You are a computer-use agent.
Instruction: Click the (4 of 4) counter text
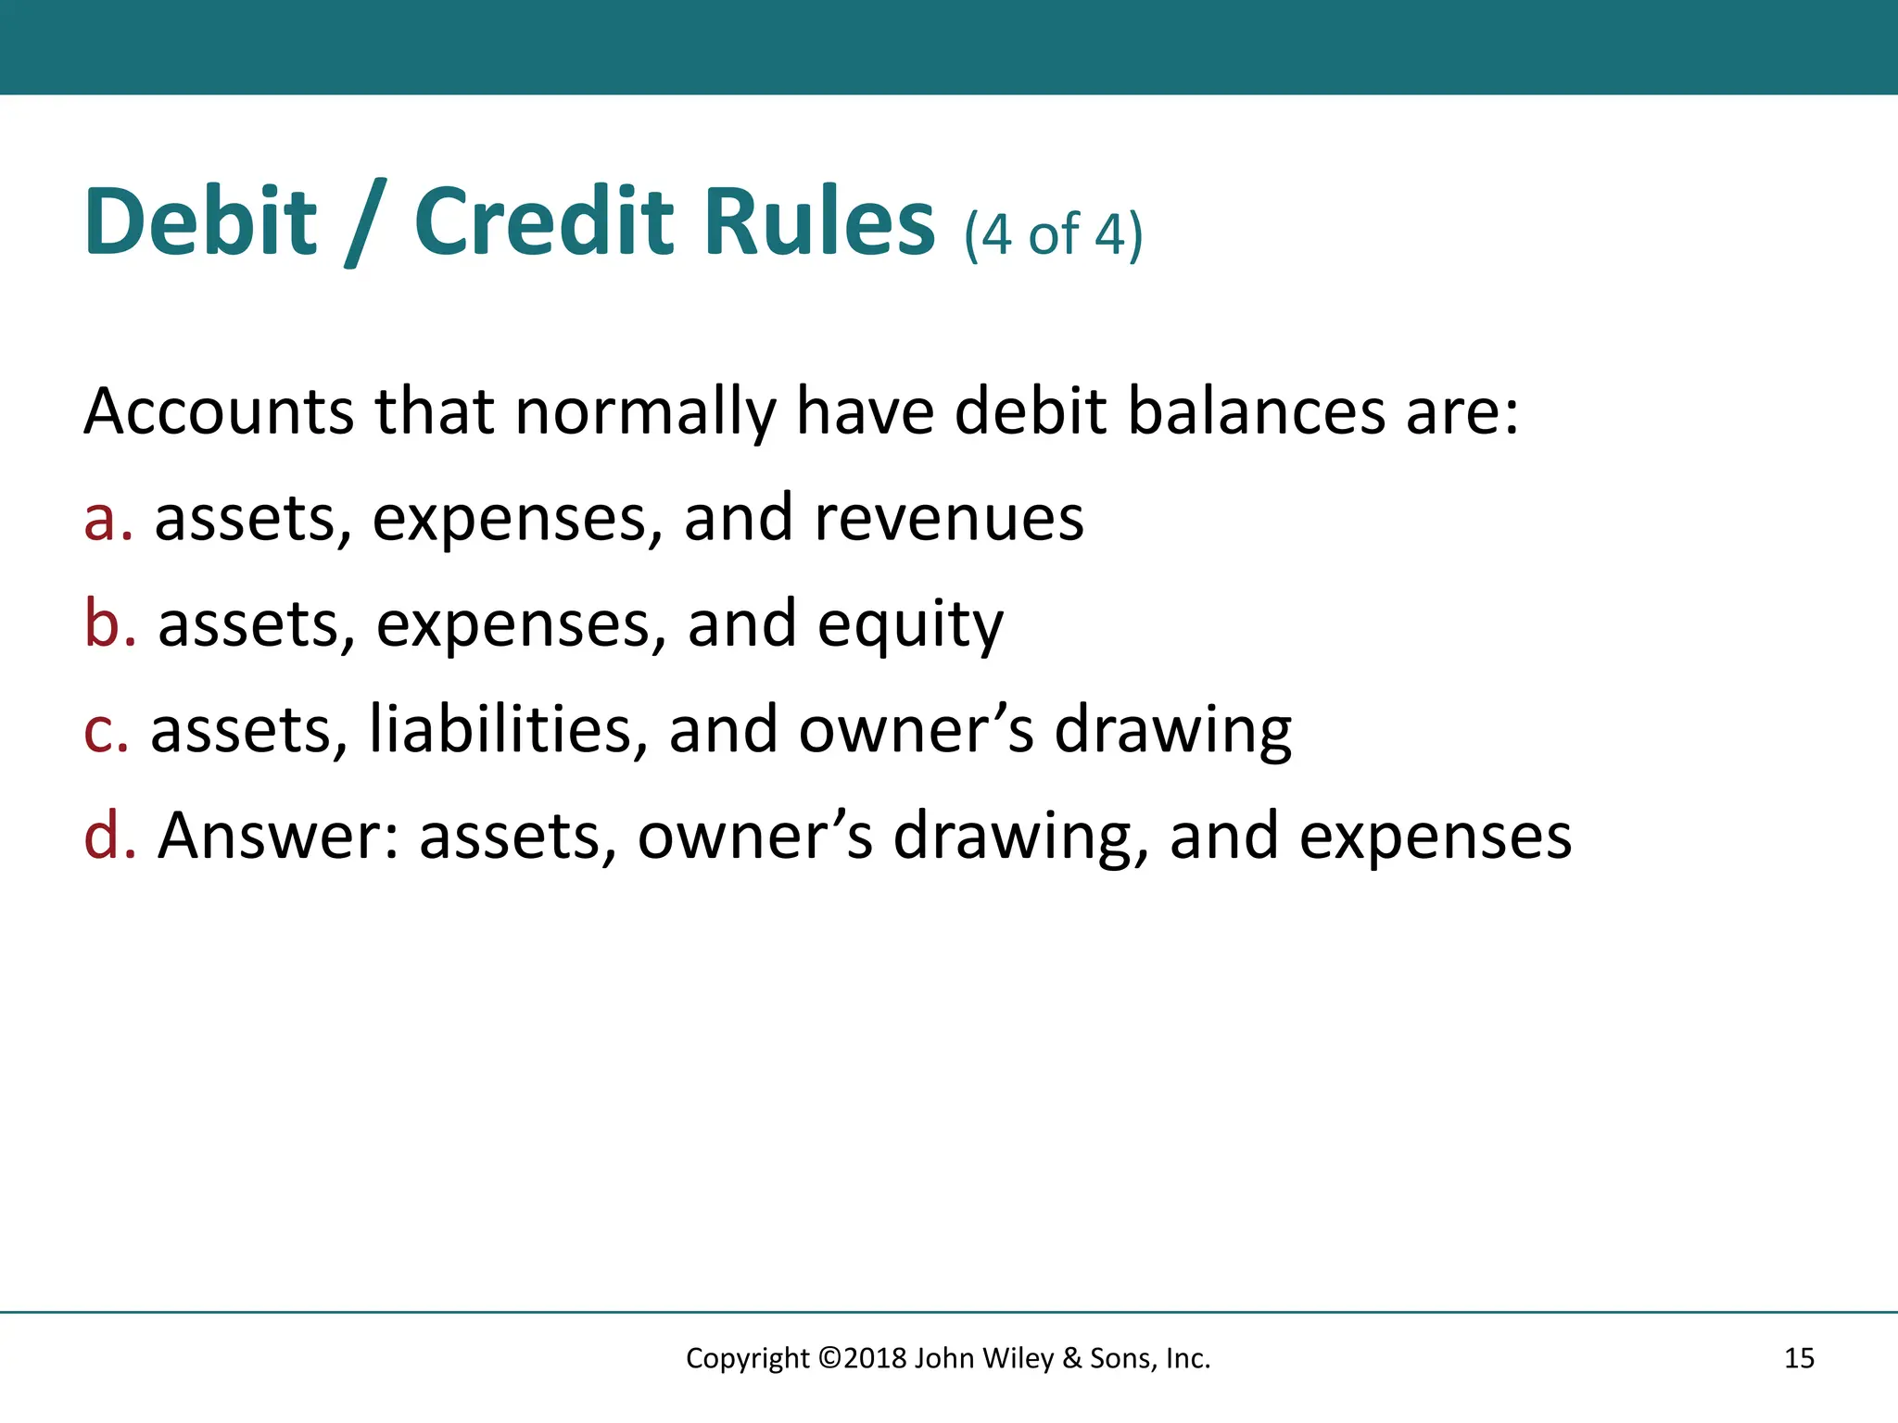click(x=1053, y=234)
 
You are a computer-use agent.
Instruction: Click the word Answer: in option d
click(x=278, y=835)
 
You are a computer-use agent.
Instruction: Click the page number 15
click(x=1799, y=1358)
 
